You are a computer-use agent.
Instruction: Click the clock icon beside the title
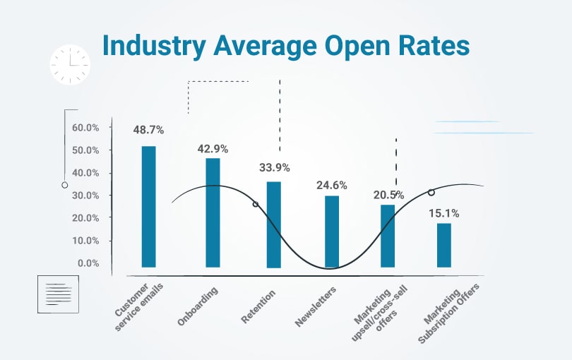coord(70,65)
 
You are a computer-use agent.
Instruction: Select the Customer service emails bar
coord(148,206)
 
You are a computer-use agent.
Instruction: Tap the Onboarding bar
coord(213,212)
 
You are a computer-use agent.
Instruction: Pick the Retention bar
coord(273,224)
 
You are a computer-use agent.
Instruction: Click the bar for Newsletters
coord(332,232)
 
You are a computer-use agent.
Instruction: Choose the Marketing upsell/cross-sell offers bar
coord(388,236)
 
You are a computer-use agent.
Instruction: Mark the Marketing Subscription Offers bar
coord(443,245)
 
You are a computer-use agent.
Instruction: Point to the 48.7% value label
coord(148,131)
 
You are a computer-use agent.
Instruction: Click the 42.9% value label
coord(213,149)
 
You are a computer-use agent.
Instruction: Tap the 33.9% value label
coord(273,167)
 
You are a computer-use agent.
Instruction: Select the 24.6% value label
coord(331,186)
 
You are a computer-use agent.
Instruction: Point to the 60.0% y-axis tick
coord(85,128)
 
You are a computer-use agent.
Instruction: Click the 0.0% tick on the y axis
coord(88,263)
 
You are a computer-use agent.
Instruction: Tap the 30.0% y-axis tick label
coord(85,196)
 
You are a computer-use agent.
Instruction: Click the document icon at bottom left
coord(58,294)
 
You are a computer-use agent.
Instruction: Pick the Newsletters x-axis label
coord(316,307)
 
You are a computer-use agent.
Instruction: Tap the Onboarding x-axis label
coord(198,306)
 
